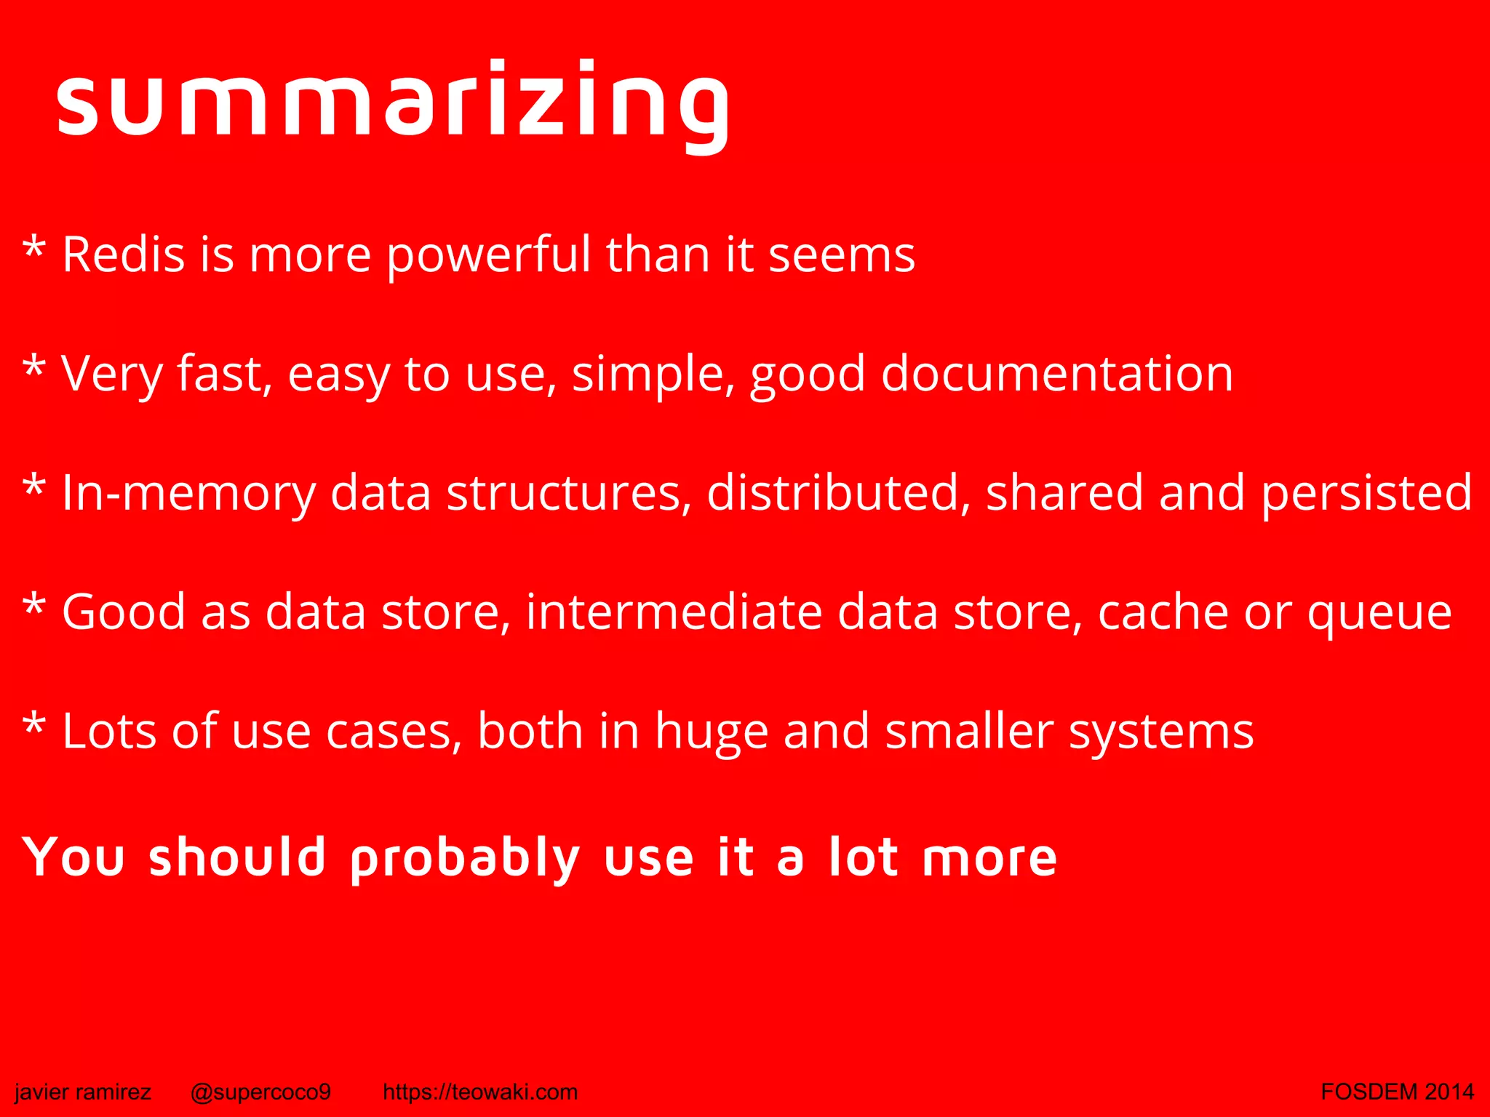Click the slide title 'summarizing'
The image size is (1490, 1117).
pos(393,102)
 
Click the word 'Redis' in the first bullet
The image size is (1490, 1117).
pos(123,255)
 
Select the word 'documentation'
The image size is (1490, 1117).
pos(1057,375)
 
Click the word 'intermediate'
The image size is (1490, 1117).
pos(674,612)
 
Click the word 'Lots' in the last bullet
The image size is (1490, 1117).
pos(109,732)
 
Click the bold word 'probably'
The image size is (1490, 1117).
pos(465,859)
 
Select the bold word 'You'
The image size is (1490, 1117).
pos(73,857)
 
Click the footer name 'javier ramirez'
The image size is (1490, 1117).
pos(83,1092)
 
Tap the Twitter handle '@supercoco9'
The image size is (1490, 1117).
pos(260,1092)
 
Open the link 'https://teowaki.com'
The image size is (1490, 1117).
pos(480,1092)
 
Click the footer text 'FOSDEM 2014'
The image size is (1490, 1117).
pos(1397,1092)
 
